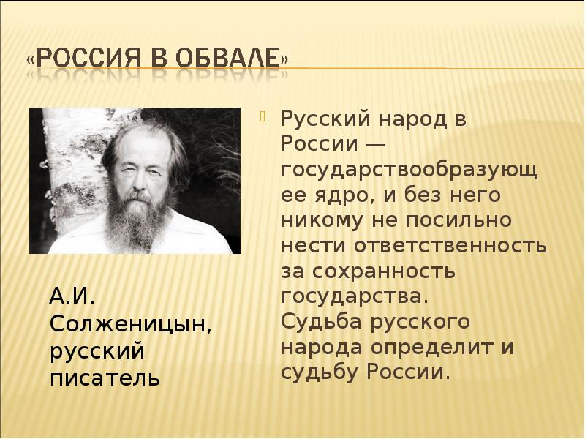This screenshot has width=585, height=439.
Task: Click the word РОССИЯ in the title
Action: click(x=88, y=58)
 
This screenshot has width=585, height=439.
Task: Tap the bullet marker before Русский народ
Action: click(x=263, y=118)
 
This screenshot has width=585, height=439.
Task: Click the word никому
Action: click(x=322, y=221)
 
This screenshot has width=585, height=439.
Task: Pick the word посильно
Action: click(x=459, y=220)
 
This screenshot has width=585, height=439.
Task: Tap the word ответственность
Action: click(x=450, y=247)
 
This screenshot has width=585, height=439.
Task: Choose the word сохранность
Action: click(x=384, y=271)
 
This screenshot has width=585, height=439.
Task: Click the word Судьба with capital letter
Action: click(x=321, y=322)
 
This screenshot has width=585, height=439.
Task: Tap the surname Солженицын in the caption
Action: click(x=131, y=325)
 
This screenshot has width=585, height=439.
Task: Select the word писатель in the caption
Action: click(x=105, y=378)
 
